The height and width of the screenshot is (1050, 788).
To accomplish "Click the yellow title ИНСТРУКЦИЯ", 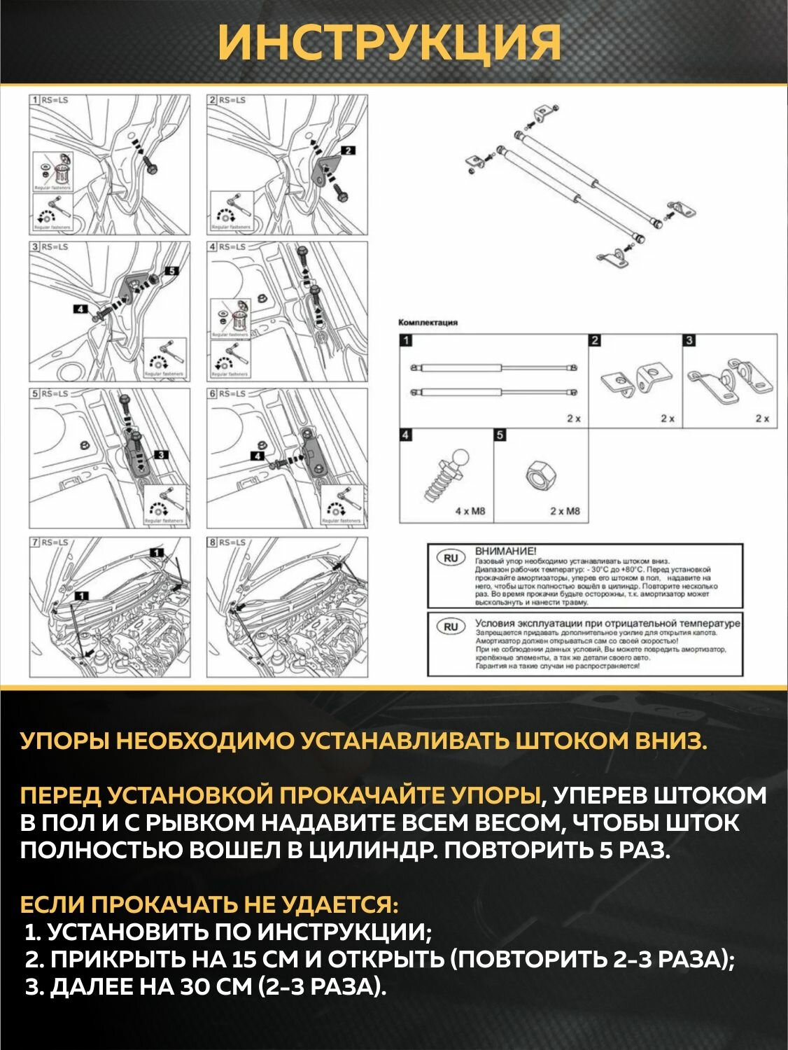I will pyautogui.click(x=389, y=43).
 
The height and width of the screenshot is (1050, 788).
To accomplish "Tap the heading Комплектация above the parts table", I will pyautogui.click(x=428, y=323).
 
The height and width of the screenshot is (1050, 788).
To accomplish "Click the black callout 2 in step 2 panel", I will pyautogui.click(x=348, y=150).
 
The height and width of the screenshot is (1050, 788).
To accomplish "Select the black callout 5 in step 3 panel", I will pyautogui.click(x=171, y=270).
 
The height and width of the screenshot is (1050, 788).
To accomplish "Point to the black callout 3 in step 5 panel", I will pyautogui.click(x=160, y=456).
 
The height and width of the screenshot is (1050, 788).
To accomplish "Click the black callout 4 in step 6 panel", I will pyautogui.click(x=259, y=456).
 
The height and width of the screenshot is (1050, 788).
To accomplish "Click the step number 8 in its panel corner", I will pyautogui.click(x=213, y=542).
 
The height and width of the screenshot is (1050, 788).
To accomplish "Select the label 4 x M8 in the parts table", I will pyautogui.click(x=470, y=511).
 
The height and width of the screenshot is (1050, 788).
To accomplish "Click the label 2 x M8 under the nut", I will pyautogui.click(x=565, y=511).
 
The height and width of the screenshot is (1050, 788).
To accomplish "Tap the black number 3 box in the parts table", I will pyautogui.click(x=689, y=341).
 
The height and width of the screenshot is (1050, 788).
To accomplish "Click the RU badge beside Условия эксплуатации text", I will pyautogui.click(x=450, y=626).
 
